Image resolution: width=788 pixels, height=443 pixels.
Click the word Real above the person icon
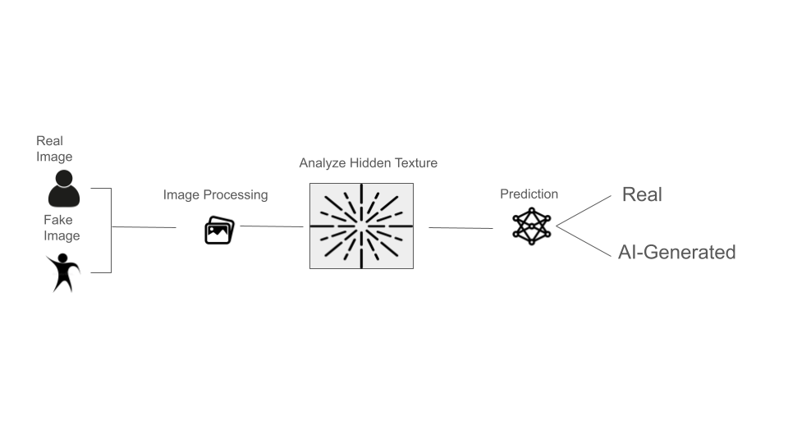pyautogui.click(x=49, y=141)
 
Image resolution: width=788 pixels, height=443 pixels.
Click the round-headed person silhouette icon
pyautogui.click(x=64, y=189)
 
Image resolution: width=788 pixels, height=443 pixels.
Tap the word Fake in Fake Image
pyautogui.click(x=57, y=220)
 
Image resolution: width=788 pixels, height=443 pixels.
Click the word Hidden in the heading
pyautogui.click(x=370, y=163)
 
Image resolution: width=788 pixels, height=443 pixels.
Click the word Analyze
pyautogui.click(x=323, y=163)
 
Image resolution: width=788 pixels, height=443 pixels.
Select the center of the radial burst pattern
pyautogui.click(x=361, y=226)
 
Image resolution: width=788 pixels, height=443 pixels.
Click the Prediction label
pyautogui.click(x=529, y=194)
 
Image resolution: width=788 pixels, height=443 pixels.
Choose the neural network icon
pyautogui.click(x=532, y=226)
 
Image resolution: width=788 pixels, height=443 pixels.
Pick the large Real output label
pyautogui.click(x=642, y=194)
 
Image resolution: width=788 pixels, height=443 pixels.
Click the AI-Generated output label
pyautogui.click(x=676, y=252)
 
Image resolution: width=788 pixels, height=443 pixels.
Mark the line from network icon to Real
pyautogui.click(x=584, y=210)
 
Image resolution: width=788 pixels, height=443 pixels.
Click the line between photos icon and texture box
pyautogui.click(x=271, y=226)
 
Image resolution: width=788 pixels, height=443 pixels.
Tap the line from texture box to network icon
pyautogui.click(x=460, y=228)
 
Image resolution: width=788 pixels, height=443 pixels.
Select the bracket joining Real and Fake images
pyautogui.click(x=110, y=230)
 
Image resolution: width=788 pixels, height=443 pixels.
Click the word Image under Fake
pyautogui.click(x=62, y=236)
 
